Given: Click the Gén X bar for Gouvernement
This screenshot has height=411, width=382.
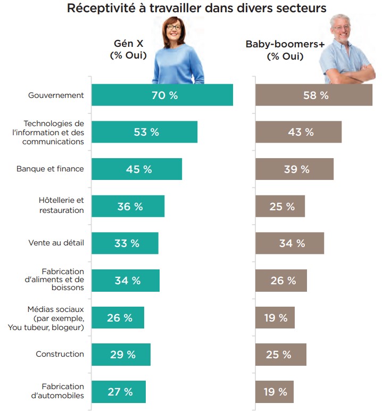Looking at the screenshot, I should click(162, 95).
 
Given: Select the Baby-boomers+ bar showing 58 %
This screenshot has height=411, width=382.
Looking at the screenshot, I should click(314, 95).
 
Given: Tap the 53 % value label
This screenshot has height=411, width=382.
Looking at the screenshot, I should click(146, 132).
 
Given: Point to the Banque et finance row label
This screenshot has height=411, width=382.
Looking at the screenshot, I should click(50, 169).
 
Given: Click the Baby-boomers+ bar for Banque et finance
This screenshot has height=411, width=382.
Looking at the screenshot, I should click(294, 169).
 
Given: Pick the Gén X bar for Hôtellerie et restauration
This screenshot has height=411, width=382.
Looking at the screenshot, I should click(128, 206).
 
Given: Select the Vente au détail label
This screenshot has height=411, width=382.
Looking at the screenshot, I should click(56, 243).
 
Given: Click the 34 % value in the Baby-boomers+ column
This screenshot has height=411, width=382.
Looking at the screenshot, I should click(292, 243).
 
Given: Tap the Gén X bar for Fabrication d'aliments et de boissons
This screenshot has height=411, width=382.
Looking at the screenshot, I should click(126, 280).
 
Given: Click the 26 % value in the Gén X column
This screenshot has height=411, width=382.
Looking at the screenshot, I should click(120, 318).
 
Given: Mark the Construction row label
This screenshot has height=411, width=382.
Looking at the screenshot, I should click(60, 354).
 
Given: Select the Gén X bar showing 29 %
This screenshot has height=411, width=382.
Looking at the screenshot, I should click(121, 355).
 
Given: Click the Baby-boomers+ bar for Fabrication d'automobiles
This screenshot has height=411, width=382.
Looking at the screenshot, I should click(275, 392).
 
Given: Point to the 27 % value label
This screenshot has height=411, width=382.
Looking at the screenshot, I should click(120, 392).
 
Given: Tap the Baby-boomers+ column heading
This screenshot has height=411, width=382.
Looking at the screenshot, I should click(285, 50).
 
